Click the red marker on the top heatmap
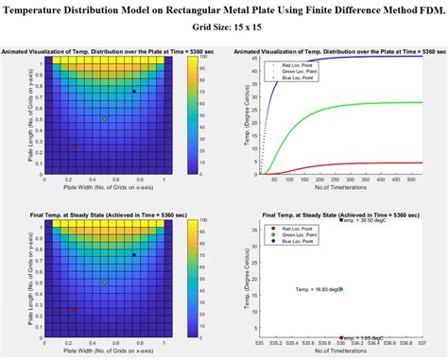click(74, 146)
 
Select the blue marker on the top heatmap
click(134, 91)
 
